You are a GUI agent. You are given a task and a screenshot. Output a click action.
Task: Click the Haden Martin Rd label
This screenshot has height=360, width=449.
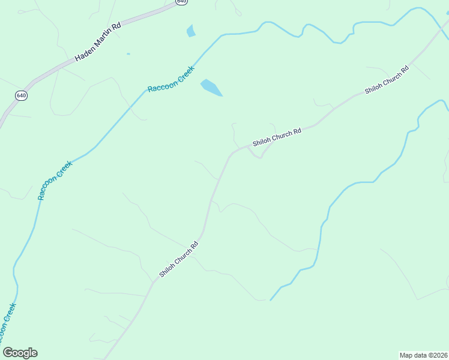pyautogui.click(x=98, y=43)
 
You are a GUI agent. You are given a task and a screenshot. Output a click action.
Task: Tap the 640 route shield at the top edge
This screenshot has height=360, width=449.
pyautogui.click(x=181, y=2)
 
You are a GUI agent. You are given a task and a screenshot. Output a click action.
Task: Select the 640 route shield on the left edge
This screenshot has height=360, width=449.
pyautogui.click(x=22, y=95)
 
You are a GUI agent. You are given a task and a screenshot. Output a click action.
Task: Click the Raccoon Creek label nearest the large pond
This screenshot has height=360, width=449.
pyautogui.click(x=172, y=79)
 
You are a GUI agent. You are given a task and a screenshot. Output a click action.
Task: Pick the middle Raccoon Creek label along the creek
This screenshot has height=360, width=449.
pyautogui.click(x=55, y=180)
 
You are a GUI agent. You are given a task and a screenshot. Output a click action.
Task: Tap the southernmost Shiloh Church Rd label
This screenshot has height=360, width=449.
pyautogui.click(x=179, y=259)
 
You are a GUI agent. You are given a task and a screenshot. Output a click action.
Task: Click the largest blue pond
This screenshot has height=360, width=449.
pyautogui.click(x=211, y=88)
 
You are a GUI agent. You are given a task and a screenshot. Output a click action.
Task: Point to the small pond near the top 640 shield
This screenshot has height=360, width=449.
pyautogui.click(x=191, y=31)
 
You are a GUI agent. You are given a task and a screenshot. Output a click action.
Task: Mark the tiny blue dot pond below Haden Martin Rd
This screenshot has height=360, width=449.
pyautogui.click(x=128, y=54)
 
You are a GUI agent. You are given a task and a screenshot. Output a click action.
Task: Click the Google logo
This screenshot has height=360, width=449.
pyautogui.click(x=20, y=353)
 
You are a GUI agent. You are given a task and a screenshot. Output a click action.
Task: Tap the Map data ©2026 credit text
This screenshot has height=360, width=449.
pyautogui.click(x=423, y=355)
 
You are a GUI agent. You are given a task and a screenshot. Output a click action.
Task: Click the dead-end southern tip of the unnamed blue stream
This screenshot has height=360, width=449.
pyautogui.click(x=271, y=299)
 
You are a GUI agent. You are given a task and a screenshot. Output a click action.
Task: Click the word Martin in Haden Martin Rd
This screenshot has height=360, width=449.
pyautogui.click(x=100, y=41)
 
